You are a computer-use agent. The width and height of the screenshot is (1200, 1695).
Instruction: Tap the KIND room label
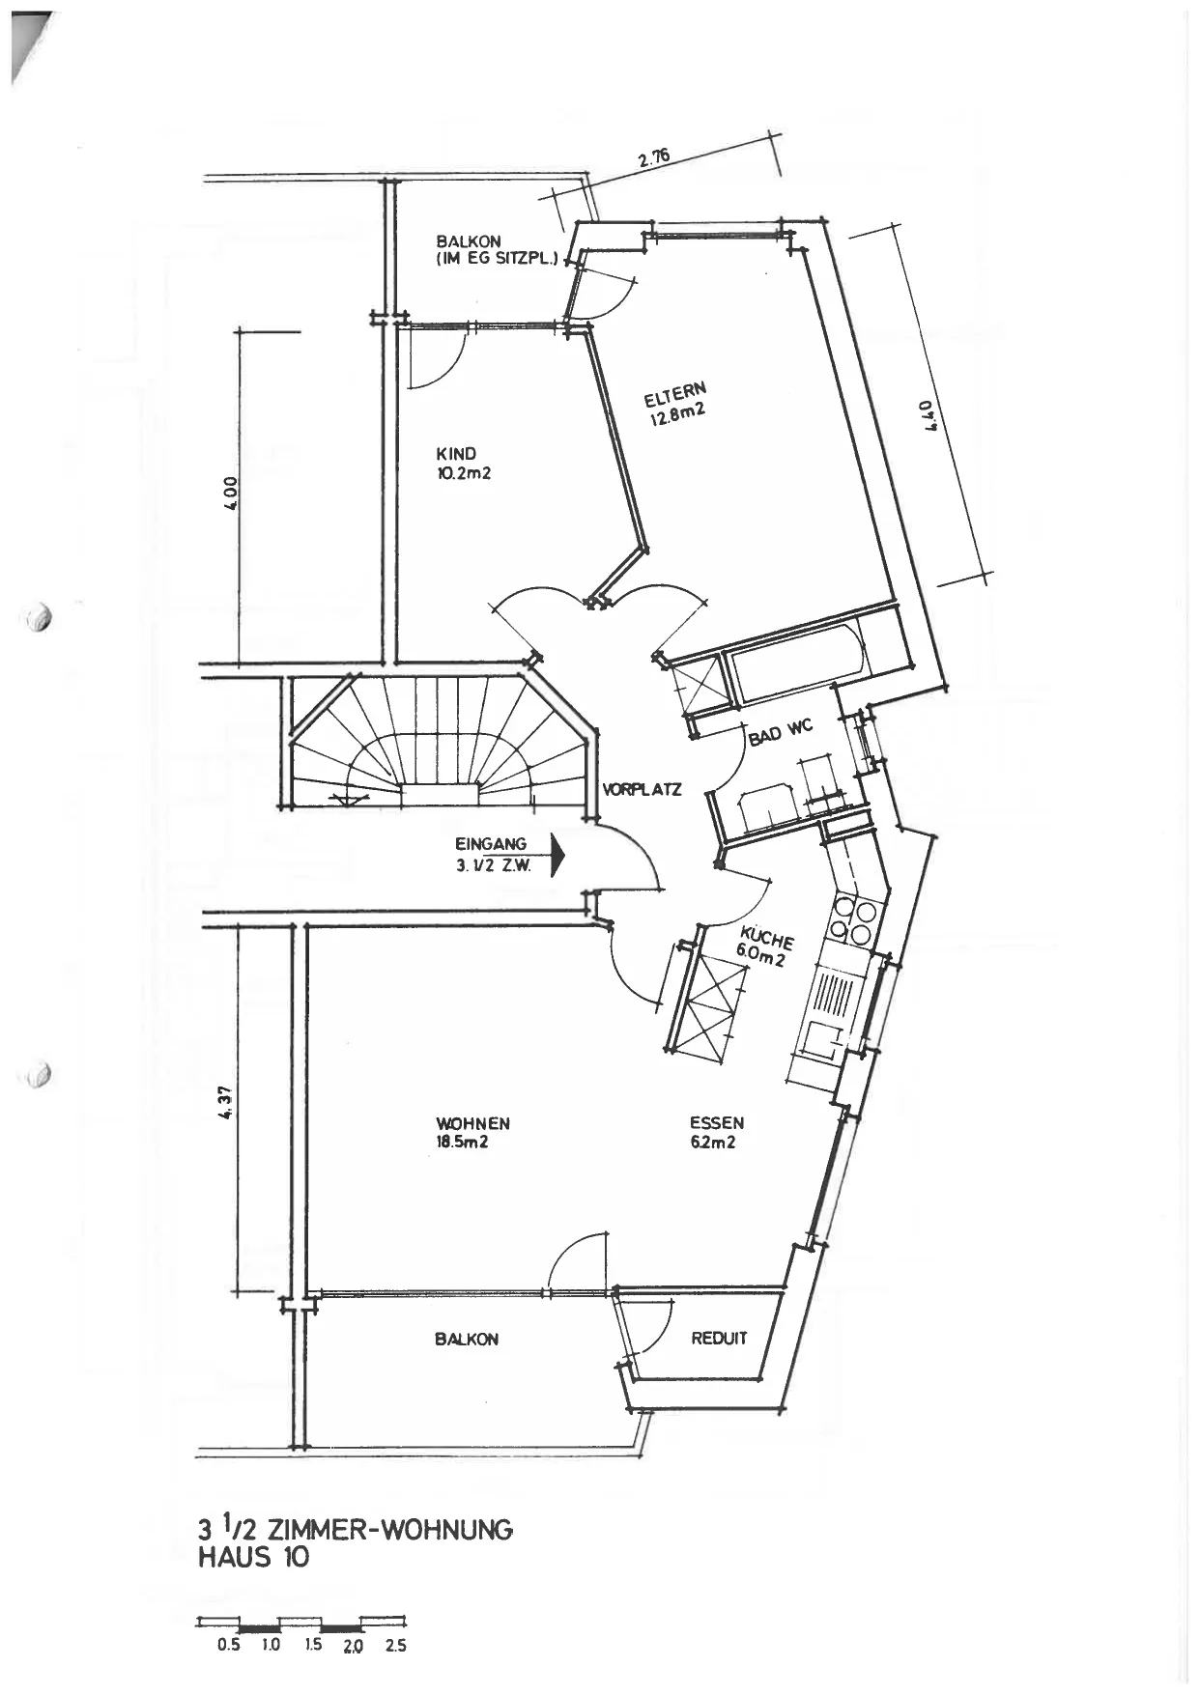coord(456,454)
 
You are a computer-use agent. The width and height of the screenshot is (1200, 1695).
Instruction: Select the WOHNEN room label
coord(472,1123)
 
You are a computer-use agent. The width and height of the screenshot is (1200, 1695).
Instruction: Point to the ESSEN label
coord(717,1123)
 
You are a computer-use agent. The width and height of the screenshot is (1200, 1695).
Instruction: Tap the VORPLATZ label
coord(642,789)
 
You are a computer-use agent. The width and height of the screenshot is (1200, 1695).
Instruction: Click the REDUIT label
coord(719,1338)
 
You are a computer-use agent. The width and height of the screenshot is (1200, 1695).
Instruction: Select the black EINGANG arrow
coord(557,854)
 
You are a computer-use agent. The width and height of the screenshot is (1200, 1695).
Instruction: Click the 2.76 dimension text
coord(654,158)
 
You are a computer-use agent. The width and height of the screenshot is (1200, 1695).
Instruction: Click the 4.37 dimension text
coord(225,1102)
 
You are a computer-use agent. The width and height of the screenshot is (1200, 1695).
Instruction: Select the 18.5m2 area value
coord(462,1142)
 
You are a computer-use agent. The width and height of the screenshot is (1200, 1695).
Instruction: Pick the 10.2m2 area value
coord(464,473)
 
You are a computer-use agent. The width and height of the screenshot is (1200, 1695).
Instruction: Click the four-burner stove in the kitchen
coord(854,920)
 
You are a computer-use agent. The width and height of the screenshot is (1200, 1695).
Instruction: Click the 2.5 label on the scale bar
coord(395,1646)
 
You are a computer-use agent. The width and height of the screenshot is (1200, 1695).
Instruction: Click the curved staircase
coord(440,741)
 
